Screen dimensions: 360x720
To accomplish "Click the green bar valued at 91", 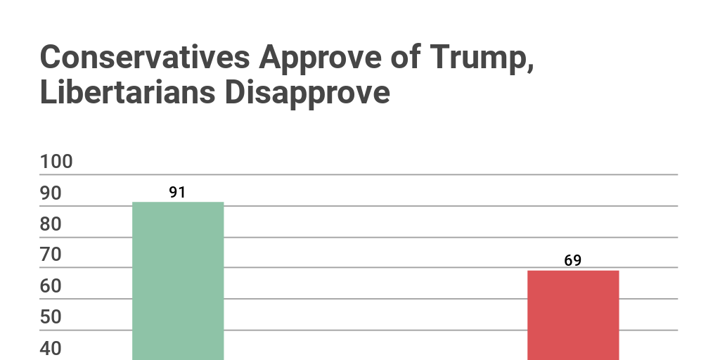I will [178, 281].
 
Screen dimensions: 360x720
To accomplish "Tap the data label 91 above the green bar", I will [177, 192].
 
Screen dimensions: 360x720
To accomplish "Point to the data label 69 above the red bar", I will [572, 260].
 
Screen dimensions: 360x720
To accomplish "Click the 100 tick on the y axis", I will [56, 162].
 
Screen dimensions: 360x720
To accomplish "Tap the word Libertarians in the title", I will [124, 93].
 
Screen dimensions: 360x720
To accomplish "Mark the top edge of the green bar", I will [178, 202].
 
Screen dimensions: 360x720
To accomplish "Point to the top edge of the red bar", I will [573, 271].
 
